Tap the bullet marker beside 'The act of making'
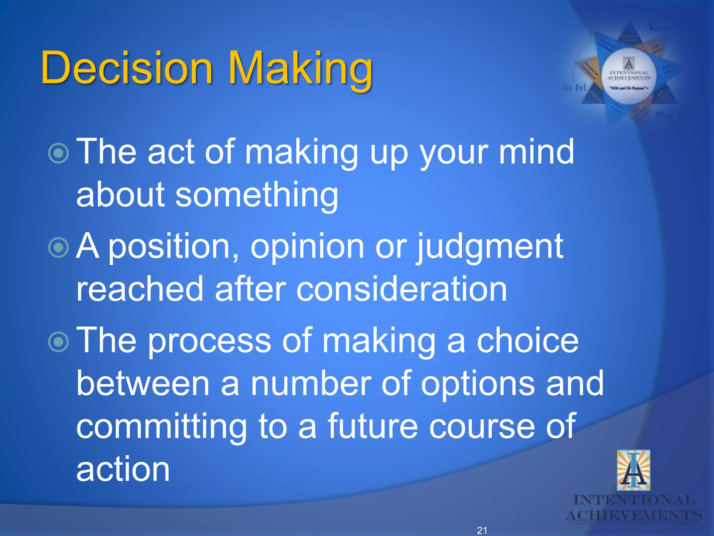(59, 152)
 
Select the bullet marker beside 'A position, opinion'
(59, 247)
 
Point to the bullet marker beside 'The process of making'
(59, 342)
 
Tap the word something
(256, 195)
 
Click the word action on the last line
(123, 469)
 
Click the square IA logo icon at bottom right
(633, 470)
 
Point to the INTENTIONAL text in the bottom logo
(634, 500)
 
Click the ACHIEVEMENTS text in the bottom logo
(634, 515)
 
